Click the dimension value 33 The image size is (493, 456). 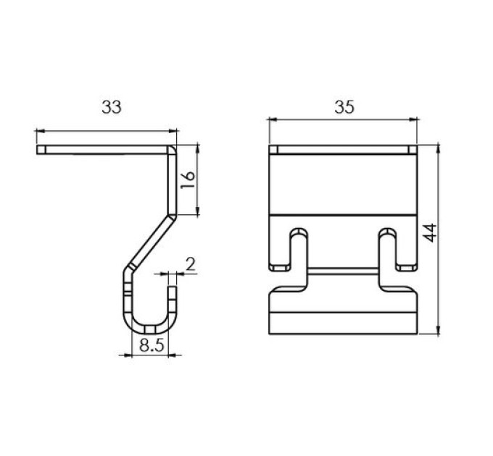point(112,107)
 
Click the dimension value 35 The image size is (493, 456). point(344,107)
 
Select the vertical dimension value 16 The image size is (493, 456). point(188,180)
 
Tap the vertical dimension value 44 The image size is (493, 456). point(429,232)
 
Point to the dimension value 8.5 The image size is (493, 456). point(152,346)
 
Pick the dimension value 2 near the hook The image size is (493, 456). point(191,265)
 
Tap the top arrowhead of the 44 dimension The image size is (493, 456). point(438,149)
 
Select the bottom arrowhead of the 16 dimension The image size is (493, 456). point(197,211)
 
